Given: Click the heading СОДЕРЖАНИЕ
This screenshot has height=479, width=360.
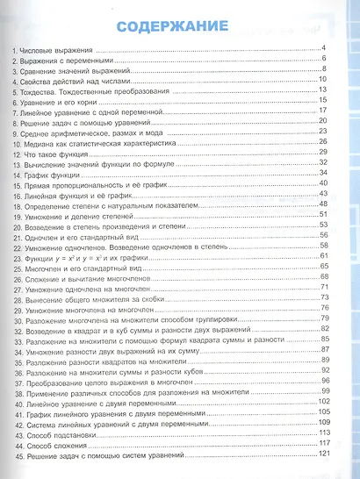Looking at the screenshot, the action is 179,25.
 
